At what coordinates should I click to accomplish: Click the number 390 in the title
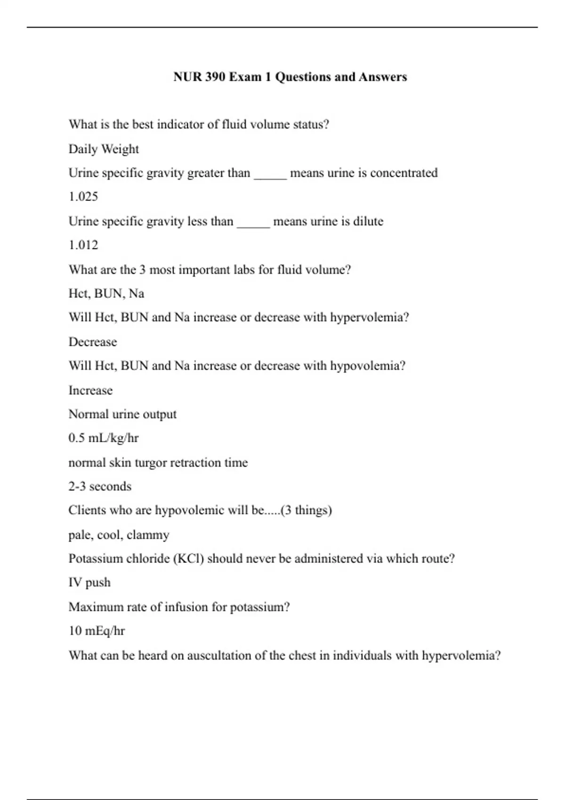click(215, 77)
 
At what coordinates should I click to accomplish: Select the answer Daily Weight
click(104, 149)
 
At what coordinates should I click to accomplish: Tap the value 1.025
click(83, 197)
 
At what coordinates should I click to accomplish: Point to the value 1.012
click(83, 245)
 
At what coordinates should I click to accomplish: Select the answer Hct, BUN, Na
click(106, 294)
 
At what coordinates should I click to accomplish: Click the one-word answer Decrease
click(93, 342)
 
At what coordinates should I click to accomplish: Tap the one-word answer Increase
click(90, 390)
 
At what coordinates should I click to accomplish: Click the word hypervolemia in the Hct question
click(369, 317)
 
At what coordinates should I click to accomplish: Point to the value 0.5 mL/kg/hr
click(104, 438)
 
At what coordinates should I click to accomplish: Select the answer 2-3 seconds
click(100, 486)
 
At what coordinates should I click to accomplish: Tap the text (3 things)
click(306, 510)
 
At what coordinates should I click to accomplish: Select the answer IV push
click(89, 583)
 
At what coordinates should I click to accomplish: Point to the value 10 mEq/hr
click(97, 631)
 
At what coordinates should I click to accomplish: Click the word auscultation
click(219, 655)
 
